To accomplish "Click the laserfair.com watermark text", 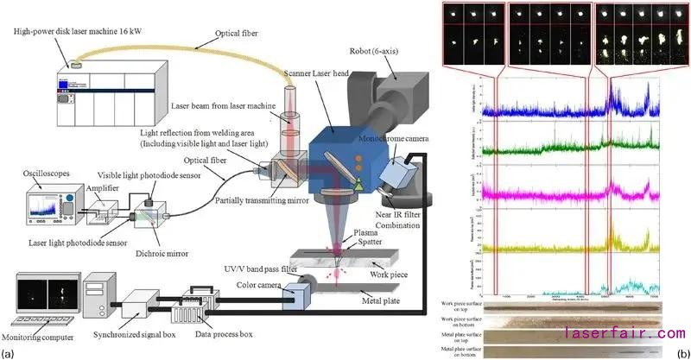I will pos(624,332).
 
